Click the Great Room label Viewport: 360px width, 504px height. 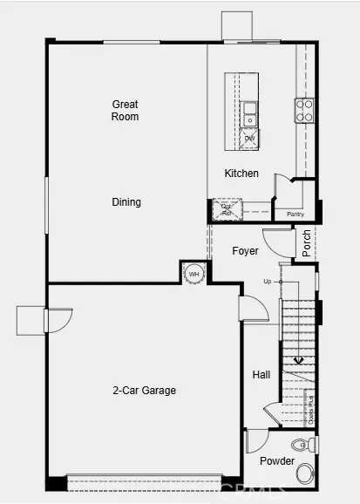click(125, 110)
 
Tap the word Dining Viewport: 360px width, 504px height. click(126, 202)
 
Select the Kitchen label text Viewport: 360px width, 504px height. click(241, 174)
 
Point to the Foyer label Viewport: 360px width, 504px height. click(245, 251)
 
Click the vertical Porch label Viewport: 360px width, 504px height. click(307, 242)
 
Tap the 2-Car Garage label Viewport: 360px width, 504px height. click(144, 391)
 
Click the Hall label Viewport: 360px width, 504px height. click(262, 375)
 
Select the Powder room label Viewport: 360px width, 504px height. click(277, 460)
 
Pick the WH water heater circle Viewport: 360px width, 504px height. click(194, 273)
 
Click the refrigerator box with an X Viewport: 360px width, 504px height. click(226, 208)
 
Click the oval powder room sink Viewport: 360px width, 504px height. click(305, 474)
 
